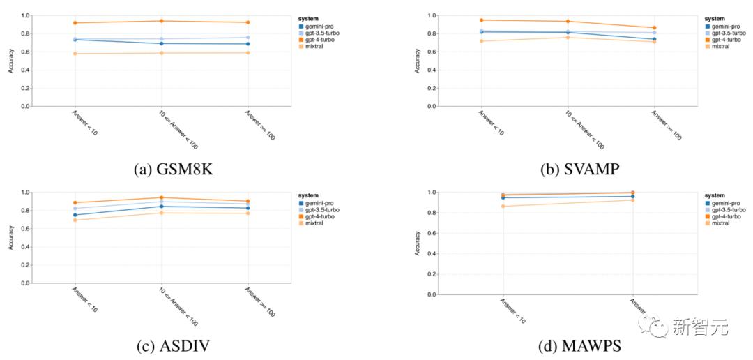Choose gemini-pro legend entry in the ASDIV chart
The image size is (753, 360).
click(317, 202)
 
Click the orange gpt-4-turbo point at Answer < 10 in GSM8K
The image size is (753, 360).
click(75, 23)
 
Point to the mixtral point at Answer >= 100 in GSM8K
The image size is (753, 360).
click(248, 52)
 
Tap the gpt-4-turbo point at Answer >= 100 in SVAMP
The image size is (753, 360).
click(653, 28)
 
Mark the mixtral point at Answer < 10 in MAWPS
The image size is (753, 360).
click(503, 206)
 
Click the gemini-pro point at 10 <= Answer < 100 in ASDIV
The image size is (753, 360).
click(161, 206)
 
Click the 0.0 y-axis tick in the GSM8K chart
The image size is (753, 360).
click(26, 106)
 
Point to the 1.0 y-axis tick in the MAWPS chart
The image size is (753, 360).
click(432, 193)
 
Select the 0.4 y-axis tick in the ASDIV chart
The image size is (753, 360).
click(26, 246)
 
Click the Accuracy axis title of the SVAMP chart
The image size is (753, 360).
click(418, 61)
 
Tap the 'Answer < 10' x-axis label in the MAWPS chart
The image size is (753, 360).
click(512, 310)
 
